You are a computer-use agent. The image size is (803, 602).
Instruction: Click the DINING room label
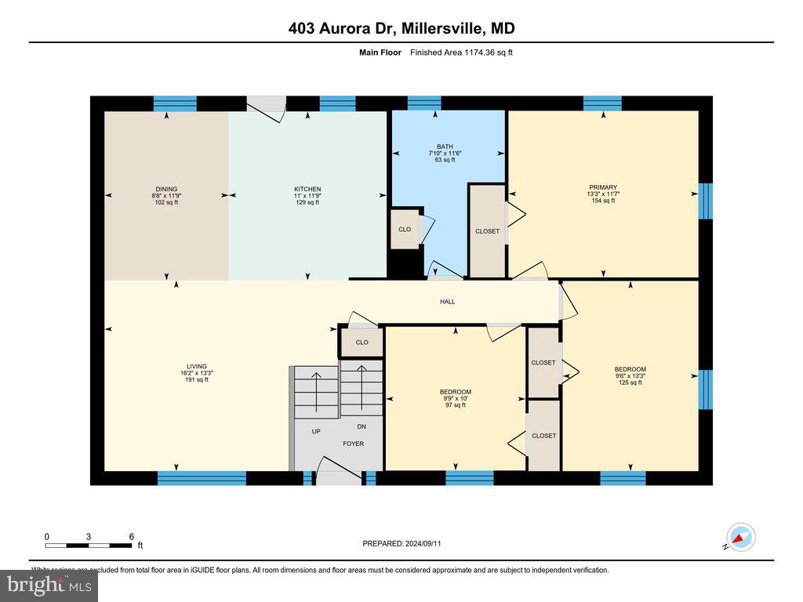tap(166, 189)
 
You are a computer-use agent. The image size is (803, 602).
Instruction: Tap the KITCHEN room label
tap(307, 189)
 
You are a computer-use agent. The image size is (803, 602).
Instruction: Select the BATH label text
tap(445, 147)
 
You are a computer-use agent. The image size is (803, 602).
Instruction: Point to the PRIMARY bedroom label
tap(602, 187)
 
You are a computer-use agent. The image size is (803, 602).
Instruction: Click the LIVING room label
tap(197, 366)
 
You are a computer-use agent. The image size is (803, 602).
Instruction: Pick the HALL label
tap(447, 302)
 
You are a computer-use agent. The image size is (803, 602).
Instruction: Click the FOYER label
tap(353, 444)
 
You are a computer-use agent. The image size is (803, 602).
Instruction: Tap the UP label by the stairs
tap(315, 431)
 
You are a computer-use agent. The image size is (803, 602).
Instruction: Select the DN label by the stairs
tap(362, 427)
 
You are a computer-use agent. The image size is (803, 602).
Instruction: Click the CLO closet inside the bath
tap(405, 230)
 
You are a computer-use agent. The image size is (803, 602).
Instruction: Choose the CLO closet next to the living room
tap(362, 343)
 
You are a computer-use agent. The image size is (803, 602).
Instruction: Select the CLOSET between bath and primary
tap(487, 231)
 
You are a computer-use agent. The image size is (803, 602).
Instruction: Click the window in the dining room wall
tap(175, 103)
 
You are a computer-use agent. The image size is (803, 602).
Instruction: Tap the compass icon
tap(740, 538)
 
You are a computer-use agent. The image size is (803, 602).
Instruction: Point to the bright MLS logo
tap(49, 585)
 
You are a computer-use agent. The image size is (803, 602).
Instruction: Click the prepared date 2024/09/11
tap(407, 543)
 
